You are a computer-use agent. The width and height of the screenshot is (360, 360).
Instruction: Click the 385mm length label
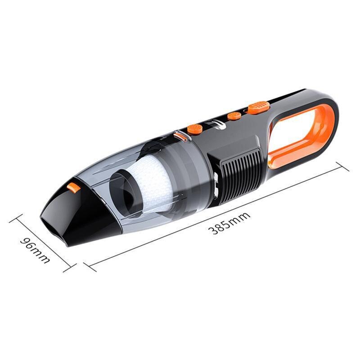[x=229, y=224]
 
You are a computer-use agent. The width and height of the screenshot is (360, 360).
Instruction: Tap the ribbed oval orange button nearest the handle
[x=258, y=108]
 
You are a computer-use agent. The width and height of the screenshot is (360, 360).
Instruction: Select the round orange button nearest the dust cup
[x=194, y=129]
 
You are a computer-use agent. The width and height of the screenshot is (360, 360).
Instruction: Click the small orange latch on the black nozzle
[x=73, y=187]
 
